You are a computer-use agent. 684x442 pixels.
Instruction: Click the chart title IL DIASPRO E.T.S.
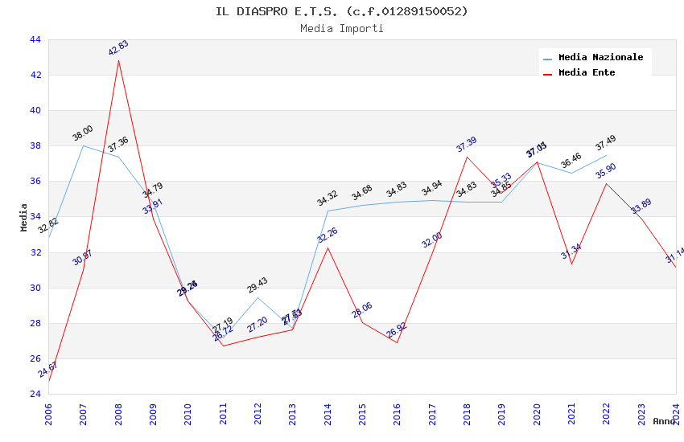341,11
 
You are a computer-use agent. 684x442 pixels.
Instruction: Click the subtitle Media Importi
341,28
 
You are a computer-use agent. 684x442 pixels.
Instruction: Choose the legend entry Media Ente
586,73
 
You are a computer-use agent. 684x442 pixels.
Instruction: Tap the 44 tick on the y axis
35,39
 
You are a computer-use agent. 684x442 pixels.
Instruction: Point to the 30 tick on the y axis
35,288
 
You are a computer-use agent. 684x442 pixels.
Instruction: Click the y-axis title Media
24,217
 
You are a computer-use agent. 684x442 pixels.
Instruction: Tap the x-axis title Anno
664,421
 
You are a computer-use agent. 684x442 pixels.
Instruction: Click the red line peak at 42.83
118,60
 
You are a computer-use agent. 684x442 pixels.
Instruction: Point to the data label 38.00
82,133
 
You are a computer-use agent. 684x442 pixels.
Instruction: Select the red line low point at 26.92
397,342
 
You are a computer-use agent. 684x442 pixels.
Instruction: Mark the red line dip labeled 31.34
571,264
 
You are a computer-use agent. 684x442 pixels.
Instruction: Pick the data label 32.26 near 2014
328,235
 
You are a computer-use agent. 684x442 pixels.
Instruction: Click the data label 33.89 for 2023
641,207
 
